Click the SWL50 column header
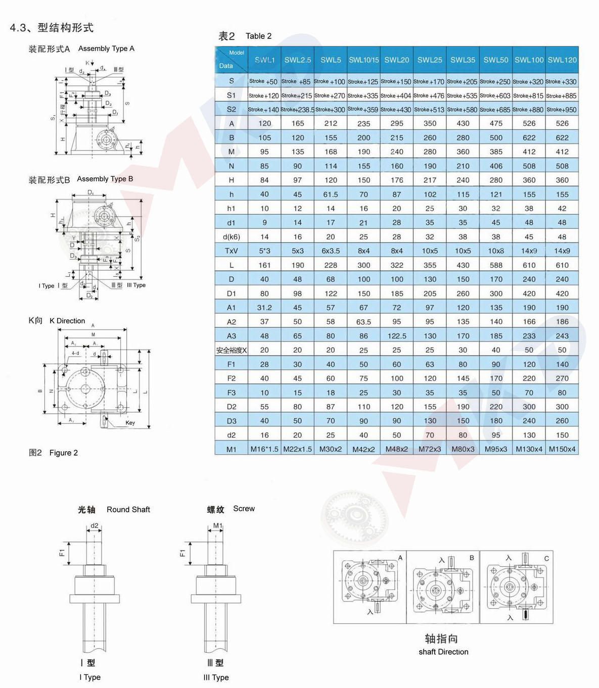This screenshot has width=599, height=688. (x=495, y=60)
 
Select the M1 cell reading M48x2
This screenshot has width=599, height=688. (x=396, y=449)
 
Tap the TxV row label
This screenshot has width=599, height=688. (x=231, y=251)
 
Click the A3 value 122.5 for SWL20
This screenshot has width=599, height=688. (x=396, y=336)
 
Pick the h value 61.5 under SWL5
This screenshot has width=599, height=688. (x=330, y=194)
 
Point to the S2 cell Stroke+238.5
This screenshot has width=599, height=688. (x=297, y=110)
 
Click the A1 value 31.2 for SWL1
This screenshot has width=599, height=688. (x=264, y=308)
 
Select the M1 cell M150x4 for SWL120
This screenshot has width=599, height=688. (x=562, y=449)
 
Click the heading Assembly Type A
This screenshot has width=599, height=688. (x=106, y=48)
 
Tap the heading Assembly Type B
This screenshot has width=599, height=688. (x=105, y=179)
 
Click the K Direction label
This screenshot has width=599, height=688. (x=67, y=321)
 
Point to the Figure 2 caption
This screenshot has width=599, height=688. (x=63, y=453)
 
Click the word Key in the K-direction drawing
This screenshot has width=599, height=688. (x=130, y=423)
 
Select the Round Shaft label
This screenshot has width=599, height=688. (x=128, y=510)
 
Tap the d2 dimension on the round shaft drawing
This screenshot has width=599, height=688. (x=95, y=526)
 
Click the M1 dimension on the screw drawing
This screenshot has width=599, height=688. (x=217, y=526)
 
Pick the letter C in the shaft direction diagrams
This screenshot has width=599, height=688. (x=546, y=558)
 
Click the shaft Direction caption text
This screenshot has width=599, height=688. (x=443, y=652)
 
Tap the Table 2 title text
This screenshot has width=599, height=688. (x=258, y=36)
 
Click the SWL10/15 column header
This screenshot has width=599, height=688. (x=363, y=60)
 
